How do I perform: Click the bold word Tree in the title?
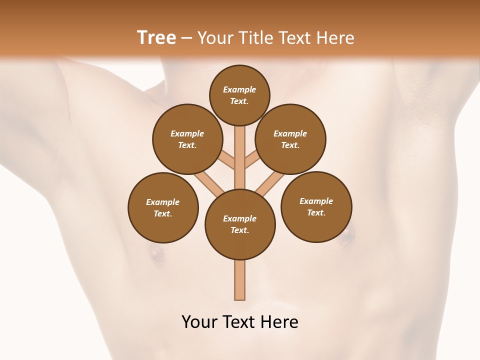click(x=156, y=37)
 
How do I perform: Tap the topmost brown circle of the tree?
click(x=239, y=95)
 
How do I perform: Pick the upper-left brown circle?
click(x=187, y=139)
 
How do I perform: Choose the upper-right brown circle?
click(x=290, y=139)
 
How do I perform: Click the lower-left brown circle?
click(x=163, y=207)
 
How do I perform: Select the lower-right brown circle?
click(x=316, y=206)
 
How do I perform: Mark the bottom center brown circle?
click(x=240, y=224)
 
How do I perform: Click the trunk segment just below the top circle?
click(x=240, y=137)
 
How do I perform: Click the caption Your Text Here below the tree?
click(x=240, y=322)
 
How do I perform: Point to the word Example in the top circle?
click(x=239, y=89)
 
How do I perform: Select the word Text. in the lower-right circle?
click(x=316, y=212)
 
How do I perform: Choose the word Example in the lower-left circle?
click(x=163, y=202)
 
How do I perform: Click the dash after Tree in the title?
click(x=187, y=37)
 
